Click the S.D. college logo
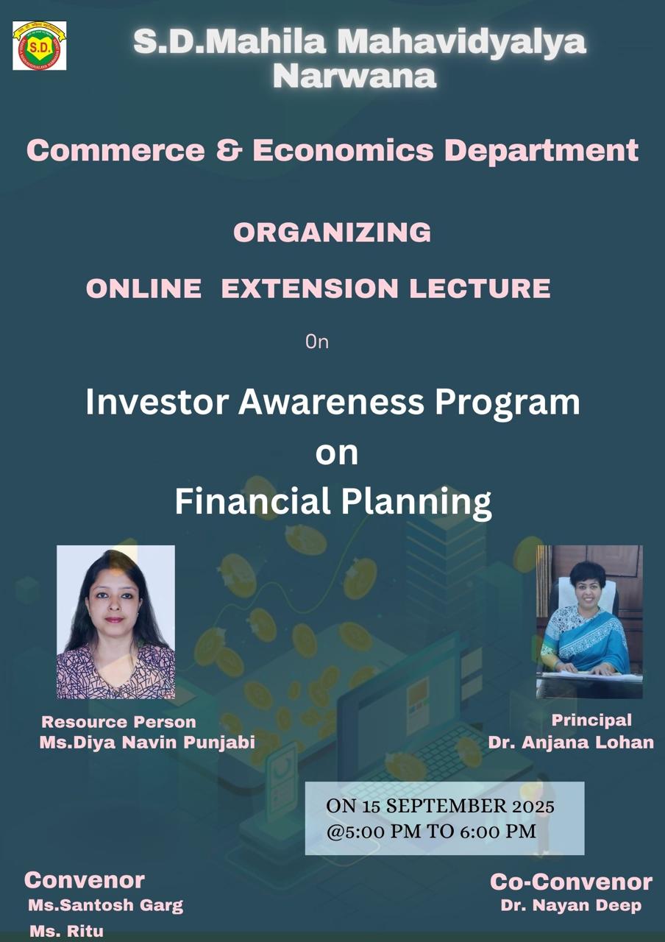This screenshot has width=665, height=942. coord(40,46)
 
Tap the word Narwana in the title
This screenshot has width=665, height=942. coord(355,76)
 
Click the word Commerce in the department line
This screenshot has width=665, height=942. coord(115,151)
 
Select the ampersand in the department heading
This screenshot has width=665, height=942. coord(230,150)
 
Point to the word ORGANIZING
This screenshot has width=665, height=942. coord(332,232)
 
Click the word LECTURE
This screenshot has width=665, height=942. coord(480,288)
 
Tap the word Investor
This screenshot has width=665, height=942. coord(157,402)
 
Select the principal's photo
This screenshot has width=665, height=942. coord(589,622)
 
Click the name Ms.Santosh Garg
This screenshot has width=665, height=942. coord(106,905)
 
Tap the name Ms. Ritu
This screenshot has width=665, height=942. coord(66,931)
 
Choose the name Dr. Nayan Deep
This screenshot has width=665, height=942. coord(571,905)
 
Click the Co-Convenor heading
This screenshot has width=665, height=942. coord(571,882)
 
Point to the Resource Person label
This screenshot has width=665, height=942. coord(118,722)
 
